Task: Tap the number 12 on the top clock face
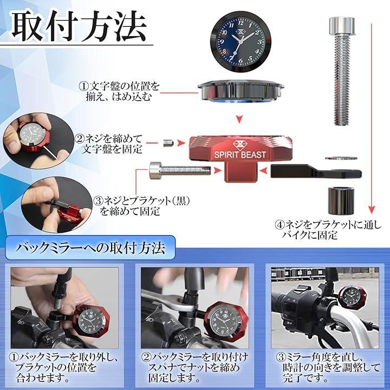240,23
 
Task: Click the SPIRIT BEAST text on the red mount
240,155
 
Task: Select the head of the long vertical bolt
342,25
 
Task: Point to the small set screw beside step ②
168,143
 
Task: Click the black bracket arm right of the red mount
316,171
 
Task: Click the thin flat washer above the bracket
341,158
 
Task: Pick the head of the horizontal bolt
155,171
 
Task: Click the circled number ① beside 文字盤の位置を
84,86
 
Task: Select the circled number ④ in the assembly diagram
280,225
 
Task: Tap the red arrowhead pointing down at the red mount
239,119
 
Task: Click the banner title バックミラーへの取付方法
90,248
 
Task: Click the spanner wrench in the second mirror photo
167,303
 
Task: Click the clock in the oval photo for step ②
35,135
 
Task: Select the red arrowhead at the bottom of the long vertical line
372,210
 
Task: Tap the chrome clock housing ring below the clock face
240,91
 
